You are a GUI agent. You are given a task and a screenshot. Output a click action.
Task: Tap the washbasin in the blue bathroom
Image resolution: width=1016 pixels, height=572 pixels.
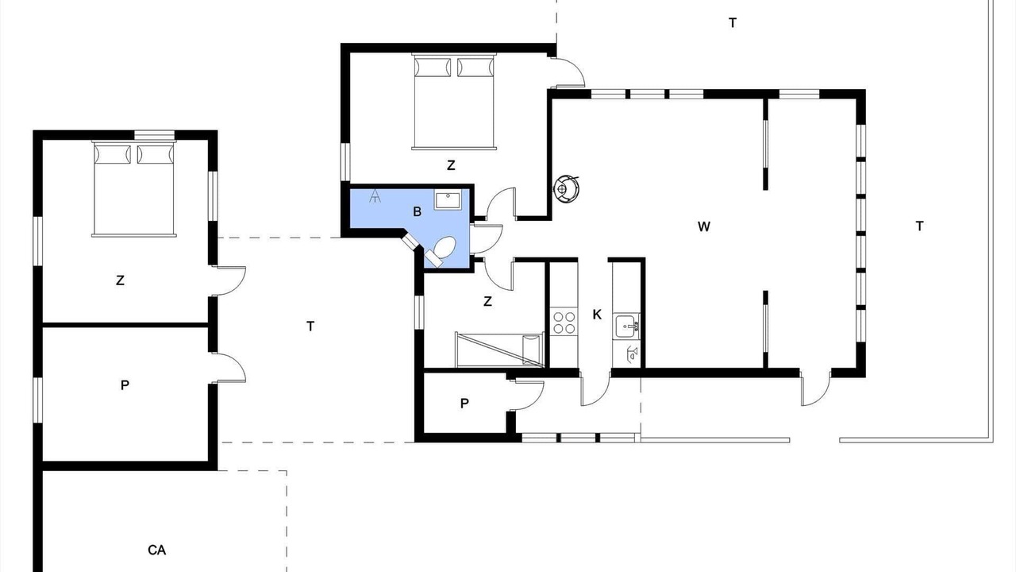pyautogui.click(x=448, y=199)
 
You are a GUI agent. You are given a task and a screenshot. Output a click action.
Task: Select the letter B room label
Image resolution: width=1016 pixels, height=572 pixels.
pyautogui.click(x=418, y=211)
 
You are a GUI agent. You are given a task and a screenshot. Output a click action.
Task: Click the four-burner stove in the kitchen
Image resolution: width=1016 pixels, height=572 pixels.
pyautogui.click(x=564, y=323)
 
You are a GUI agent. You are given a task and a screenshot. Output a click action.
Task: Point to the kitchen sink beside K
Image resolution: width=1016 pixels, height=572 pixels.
pyautogui.click(x=627, y=326)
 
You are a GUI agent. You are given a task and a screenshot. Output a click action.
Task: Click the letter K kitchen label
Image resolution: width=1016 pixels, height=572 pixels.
pyautogui.click(x=597, y=314)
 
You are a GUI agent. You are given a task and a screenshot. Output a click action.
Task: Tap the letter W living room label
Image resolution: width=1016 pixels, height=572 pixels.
pyautogui.click(x=703, y=226)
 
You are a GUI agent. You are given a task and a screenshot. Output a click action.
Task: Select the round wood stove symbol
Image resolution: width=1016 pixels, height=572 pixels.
pyautogui.click(x=567, y=188)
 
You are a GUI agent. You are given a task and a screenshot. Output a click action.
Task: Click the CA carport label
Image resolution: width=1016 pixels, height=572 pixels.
pyautogui.click(x=157, y=551)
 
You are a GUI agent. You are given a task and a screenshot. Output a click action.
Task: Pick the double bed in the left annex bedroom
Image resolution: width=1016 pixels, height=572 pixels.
pyautogui.click(x=134, y=188)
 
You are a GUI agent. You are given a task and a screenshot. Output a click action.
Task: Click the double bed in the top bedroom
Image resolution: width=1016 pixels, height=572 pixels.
pyautogui.click(x=453, y=101)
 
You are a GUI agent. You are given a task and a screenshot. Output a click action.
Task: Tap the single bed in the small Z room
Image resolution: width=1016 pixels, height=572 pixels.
pyautogui.click(x=499, y=350)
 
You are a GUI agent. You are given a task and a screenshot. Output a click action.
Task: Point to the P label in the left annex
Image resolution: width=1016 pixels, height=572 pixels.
pyautogui.click(x=125, y=385)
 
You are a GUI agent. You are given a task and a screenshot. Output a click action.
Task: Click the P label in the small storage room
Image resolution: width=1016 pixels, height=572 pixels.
pyautogui.click(x=464, y=403)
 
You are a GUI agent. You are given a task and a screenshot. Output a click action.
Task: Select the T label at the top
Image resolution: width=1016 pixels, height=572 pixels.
pyautogui.click(x=733, y=23)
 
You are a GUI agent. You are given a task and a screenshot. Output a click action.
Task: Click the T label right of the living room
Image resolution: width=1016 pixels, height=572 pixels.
pyautogui.click(x=919, y=226)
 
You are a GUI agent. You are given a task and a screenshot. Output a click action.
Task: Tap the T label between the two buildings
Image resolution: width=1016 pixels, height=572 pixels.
pyautogui.click(x=310, y=327)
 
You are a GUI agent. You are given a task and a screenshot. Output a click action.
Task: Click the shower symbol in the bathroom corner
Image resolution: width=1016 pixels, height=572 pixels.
pyautogui.click(x=375, y=195)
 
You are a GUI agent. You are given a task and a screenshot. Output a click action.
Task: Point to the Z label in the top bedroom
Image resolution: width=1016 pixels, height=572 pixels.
pyautogui.click(x=451, y=165)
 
